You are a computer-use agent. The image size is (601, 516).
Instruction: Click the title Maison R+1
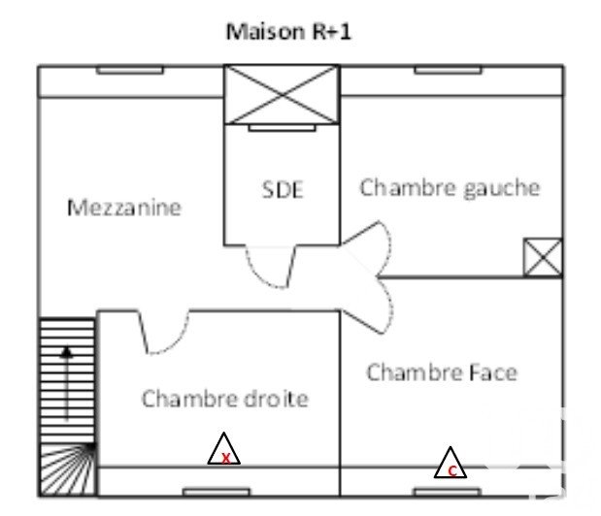(288, 31)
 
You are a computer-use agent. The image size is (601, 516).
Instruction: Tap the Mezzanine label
(123, 208)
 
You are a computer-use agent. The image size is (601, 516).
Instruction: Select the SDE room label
(283, 190)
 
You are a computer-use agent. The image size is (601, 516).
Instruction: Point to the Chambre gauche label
(450, 187)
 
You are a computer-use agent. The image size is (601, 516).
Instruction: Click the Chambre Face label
(442, 372)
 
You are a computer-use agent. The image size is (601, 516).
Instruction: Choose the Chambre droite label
(224, 399)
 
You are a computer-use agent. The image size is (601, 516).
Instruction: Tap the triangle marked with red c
(450, 465)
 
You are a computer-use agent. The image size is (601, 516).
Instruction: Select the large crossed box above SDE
(282, 95)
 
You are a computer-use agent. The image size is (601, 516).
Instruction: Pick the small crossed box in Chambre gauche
(542, 257)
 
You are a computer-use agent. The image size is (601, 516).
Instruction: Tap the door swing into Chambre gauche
(373, 244)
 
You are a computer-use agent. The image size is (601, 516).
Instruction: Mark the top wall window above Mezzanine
(129, 70)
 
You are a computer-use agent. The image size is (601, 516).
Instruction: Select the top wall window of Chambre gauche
(448, 70)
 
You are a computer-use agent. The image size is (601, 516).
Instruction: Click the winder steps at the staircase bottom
(69, 469)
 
